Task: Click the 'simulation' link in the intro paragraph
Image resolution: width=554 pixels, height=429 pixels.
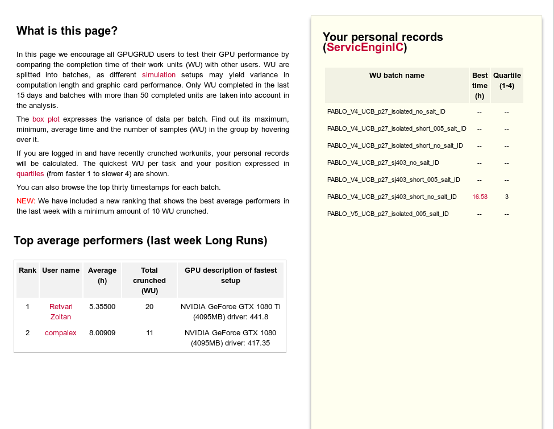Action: tap(159, 75)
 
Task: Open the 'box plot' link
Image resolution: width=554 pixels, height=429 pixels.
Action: tap(45, 119)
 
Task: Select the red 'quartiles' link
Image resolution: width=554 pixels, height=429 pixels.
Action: tap(30, 174)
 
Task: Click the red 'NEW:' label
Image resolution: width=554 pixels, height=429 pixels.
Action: tap(26, 201)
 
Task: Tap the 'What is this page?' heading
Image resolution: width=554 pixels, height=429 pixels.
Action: tap(67, 31)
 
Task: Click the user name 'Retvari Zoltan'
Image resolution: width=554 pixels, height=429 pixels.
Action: tap(61, 311)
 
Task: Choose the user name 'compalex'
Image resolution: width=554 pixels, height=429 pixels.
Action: tap(60, 332)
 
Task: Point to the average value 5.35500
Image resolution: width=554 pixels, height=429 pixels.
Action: tap(102, 306)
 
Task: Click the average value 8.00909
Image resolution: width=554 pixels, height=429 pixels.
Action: tap(102, 332)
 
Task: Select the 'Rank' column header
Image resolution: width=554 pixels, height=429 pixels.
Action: tap(27, 270)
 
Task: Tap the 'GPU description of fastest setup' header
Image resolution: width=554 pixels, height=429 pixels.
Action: tap(231, 275)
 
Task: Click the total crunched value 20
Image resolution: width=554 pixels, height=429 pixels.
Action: tap(149, 306)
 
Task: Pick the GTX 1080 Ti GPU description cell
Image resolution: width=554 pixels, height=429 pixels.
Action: tap(231, 311)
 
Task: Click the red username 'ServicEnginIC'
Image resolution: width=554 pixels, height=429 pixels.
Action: tap(365, 48)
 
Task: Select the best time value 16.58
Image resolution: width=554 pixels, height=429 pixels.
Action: tap(480, 197)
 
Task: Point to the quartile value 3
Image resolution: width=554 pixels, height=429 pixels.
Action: tap(507, 197)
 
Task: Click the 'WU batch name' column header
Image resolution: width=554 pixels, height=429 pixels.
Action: tap(397, 76)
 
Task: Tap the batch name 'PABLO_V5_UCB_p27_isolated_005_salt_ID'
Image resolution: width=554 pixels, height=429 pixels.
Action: tap(388, 214)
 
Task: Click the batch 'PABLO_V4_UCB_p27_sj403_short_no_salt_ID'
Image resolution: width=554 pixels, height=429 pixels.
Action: tap(392, 197)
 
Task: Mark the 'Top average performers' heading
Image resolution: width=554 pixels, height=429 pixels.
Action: tap(140, 240)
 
